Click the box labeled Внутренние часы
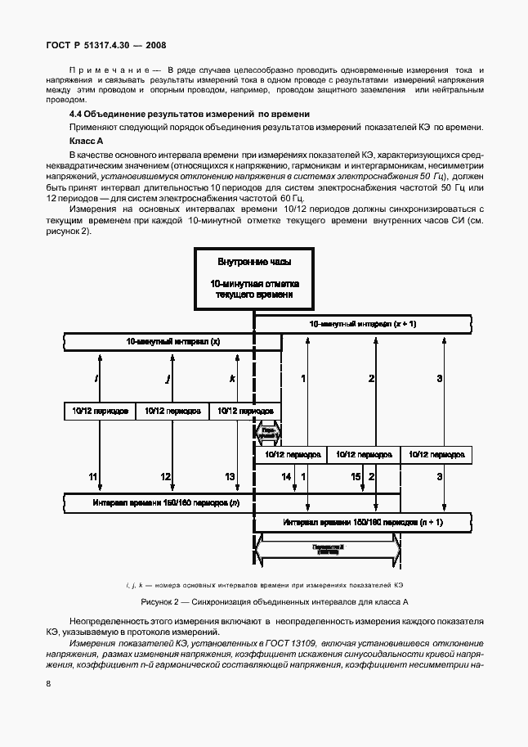(x=253, y=277)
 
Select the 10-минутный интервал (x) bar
(x=172, y=340)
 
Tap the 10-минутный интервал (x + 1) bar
(x=363, y=325)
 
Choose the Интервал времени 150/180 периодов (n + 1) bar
(x=363, y=521)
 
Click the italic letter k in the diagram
(x=233, y=379)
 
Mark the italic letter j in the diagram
(x=168, y=379)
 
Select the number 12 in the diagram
(x=165, y=476)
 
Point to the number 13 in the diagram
(x=230, y=476)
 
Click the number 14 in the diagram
(x=286, y=476)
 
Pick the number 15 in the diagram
(x=356, y=476)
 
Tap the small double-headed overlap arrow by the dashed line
(x=268, y=431)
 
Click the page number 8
(x=49, y=683)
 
